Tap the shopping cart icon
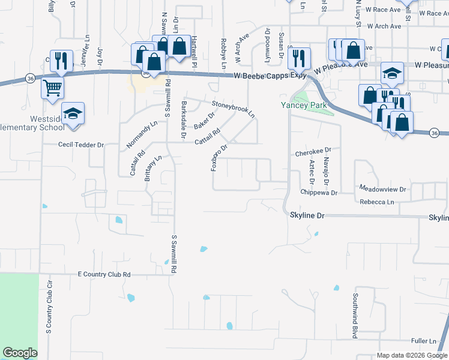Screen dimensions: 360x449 52,88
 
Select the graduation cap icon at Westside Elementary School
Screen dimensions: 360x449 73,113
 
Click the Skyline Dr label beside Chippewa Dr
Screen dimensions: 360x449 307,214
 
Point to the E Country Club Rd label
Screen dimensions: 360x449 104,274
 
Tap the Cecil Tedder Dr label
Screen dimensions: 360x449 81,145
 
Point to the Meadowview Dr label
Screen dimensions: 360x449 382,188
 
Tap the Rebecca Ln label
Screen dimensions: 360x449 377,202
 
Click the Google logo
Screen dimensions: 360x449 20,352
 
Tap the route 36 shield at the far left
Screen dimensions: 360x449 29,78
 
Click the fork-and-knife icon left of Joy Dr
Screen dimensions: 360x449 61,60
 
